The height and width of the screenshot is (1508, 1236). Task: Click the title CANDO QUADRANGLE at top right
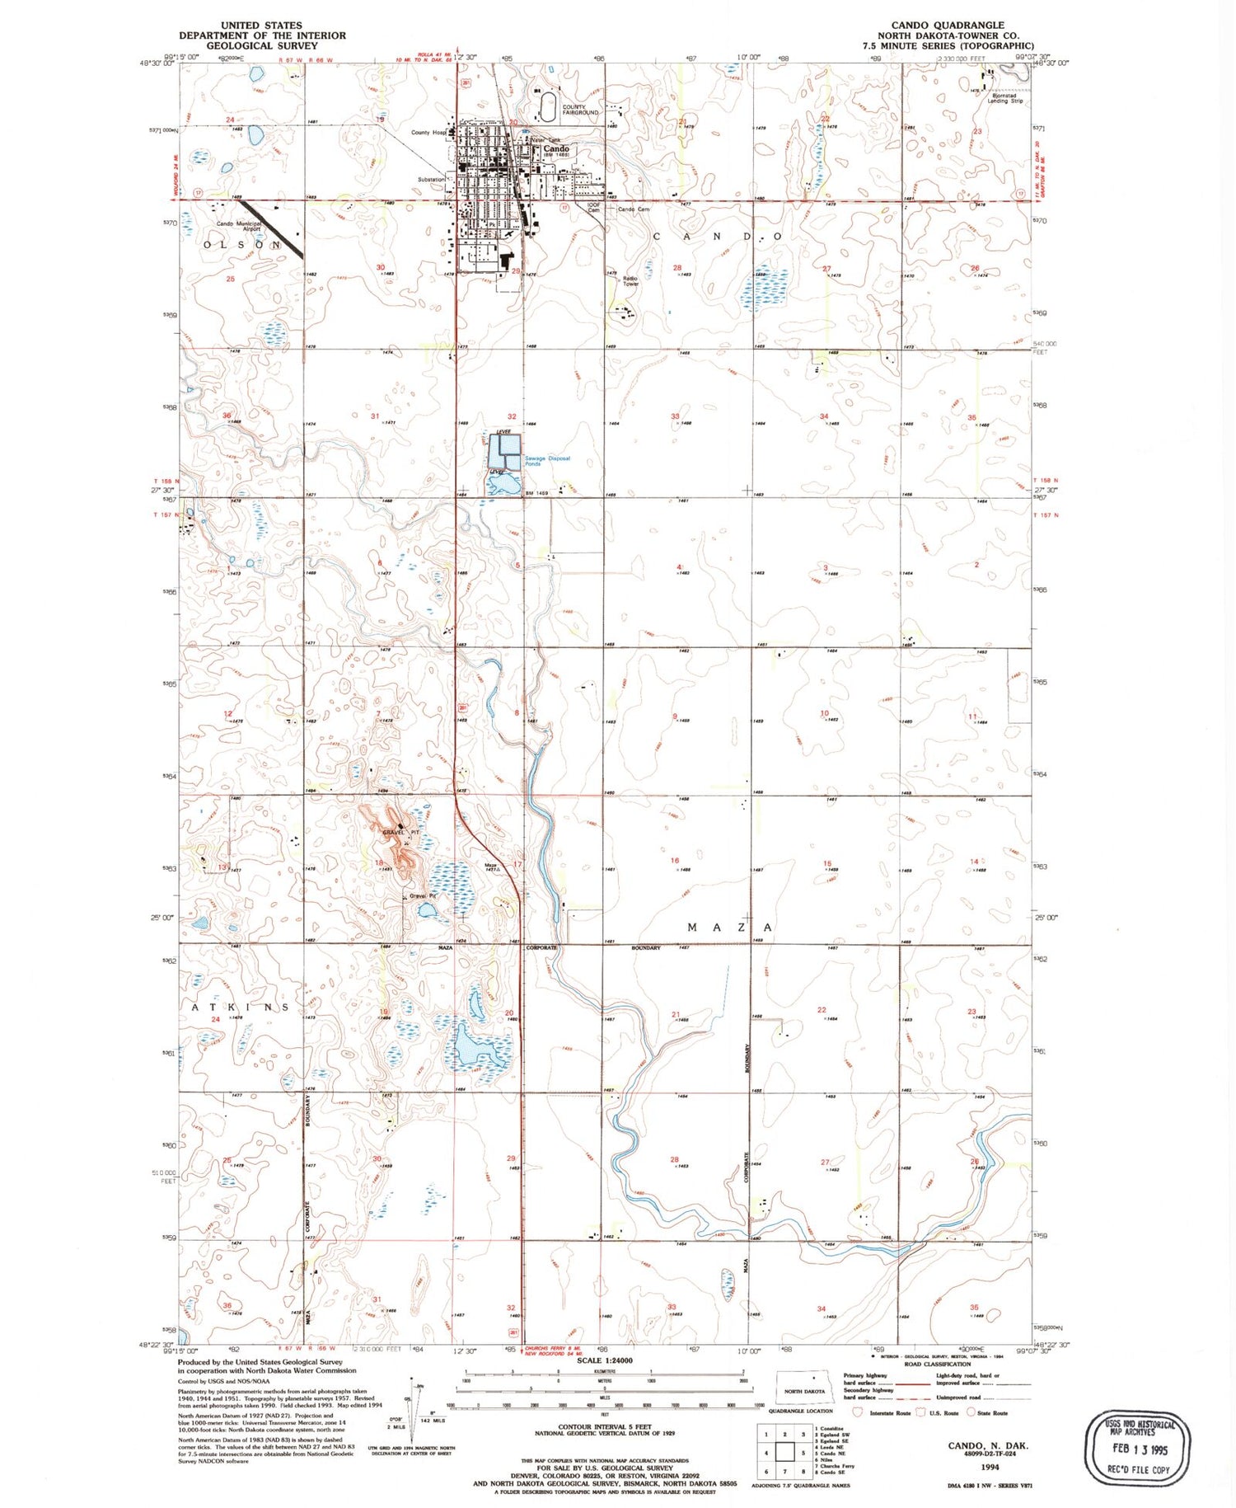(x=948, y=25)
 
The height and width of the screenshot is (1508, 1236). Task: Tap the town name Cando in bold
(x=555, y=149)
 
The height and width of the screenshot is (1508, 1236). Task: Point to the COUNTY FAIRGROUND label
(x=580, y=110)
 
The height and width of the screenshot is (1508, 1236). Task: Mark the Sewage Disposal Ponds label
(x=546, y=461)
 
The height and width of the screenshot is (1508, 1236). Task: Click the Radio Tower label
(x=630, y=281)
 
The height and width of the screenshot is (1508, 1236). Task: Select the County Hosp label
(x=428, y=132)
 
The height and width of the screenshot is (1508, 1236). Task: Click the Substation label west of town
(x=430, y=179)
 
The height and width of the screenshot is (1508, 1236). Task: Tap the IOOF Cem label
(x=592, y=207)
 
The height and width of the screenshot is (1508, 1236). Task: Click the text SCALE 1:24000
(x=604, y=1360)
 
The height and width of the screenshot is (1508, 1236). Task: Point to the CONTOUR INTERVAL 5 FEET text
(x=605, y=1426)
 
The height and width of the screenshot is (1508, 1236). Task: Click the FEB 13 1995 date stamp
(x=1139, y=1449)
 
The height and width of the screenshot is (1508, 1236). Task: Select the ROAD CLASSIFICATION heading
(x=936, y=1364)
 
